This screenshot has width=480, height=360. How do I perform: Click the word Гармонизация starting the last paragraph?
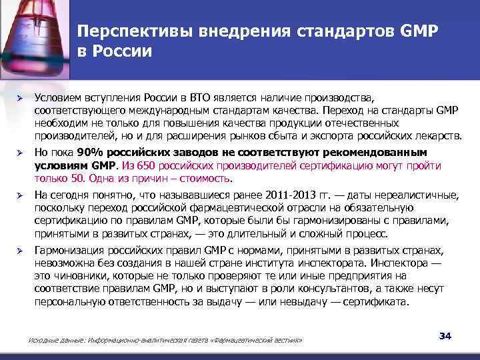pos(68,249)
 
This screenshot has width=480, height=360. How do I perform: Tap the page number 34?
pos(445,335)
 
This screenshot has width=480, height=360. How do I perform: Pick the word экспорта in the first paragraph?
pos(331,137)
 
